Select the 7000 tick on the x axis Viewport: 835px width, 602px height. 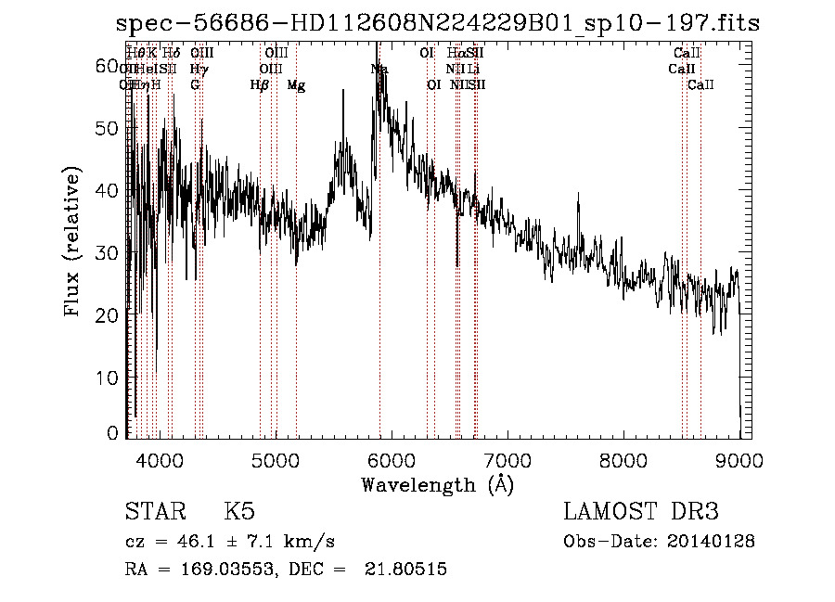(507, 461)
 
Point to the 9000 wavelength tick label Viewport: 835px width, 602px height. (739, 461)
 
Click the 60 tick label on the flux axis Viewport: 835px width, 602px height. (108, 65)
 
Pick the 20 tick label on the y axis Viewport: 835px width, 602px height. (108, 315)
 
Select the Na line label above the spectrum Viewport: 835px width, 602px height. (379, 69)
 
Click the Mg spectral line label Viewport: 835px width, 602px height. (296, 85)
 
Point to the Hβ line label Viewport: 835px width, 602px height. (260, 85)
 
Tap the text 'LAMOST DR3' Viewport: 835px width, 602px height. (640, 512)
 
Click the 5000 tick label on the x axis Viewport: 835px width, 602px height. (275, 461)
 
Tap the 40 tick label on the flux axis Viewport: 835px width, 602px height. (108, 190)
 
